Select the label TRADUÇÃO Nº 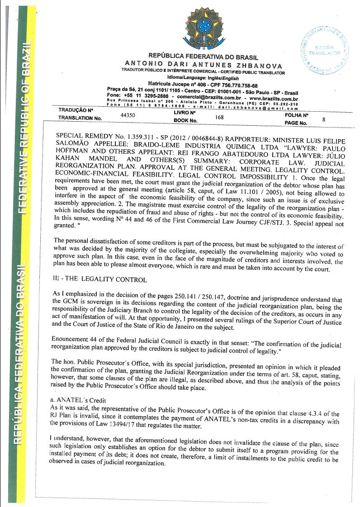pos(76,110)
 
